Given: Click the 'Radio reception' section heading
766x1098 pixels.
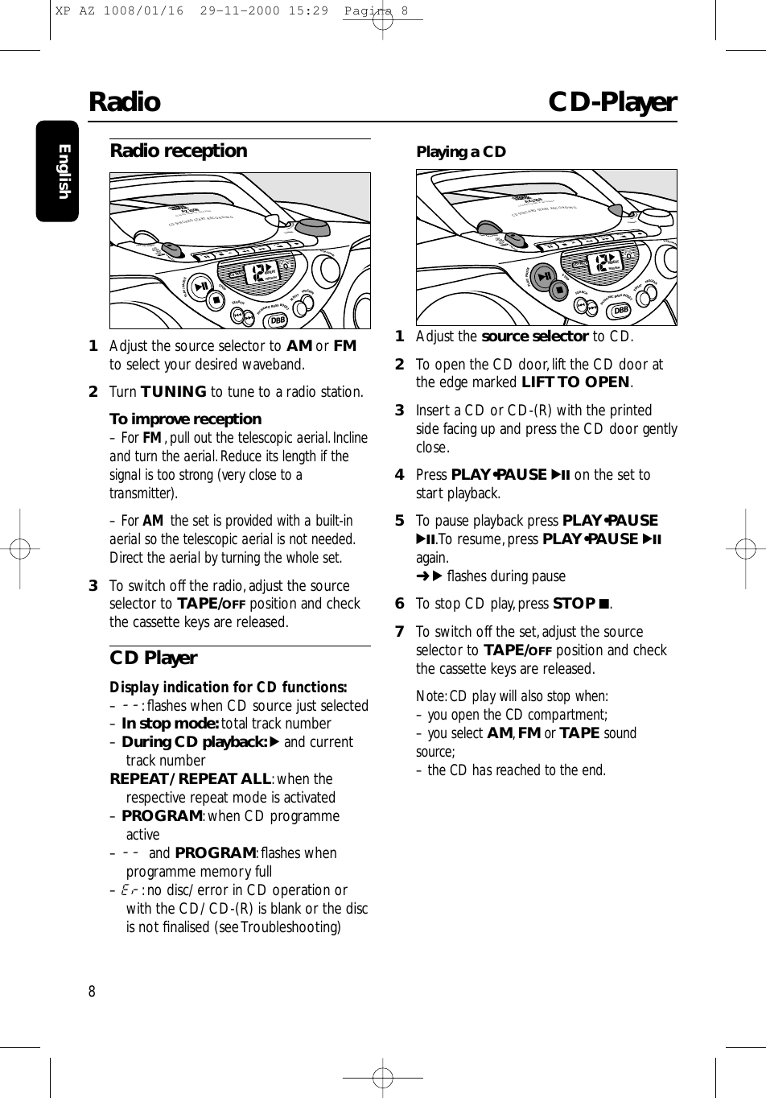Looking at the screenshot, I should (x=178, y=151).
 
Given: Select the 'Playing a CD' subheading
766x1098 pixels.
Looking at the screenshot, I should (x=460, y=151).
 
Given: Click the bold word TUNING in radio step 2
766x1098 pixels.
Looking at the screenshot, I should (x=174, y=392).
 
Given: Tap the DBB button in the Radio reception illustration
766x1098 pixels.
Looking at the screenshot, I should (x=278, y=320).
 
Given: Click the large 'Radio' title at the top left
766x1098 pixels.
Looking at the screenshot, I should (x=124, y=102).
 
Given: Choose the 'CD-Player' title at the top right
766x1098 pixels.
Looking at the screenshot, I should (x=612, y=102).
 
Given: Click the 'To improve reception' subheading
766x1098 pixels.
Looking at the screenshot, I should (x=185, y=419).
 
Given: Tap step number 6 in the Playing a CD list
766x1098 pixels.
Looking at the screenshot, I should (x=399, y=604).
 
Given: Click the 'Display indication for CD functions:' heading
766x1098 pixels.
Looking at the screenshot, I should (x=228, y=687).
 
